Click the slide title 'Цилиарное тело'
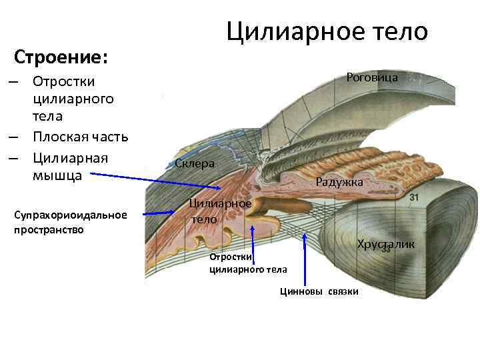tap(327, 31)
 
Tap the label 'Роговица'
tap(372, 77)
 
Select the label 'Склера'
tap(195, 163)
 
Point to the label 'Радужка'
tap(339, 181)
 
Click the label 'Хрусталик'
tap(385, 245)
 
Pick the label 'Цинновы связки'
tap(319, 291)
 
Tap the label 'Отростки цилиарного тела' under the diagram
tap(248, 263)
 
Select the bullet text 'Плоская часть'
tap(81, 137)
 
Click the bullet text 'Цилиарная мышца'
tap(70, 167)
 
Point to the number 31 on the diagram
tap(414, 198)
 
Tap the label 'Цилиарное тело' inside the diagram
tap(219, 211)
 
